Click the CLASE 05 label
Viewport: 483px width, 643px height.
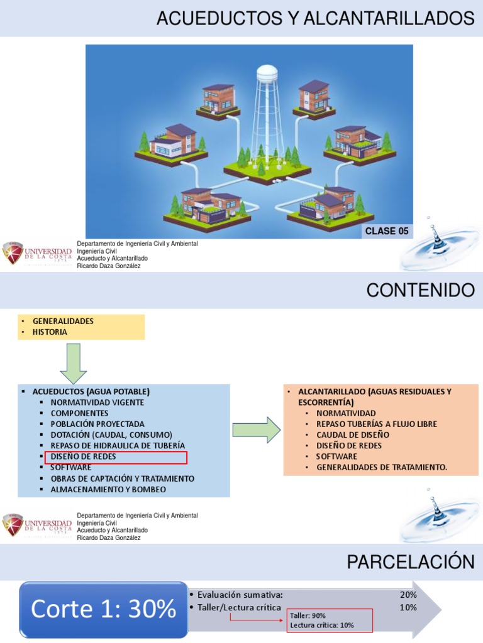coord(387,231)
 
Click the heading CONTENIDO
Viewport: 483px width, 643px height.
coord(420,290)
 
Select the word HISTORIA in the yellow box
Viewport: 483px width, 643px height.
coord(50,332)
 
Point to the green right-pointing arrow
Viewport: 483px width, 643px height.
coord(256,430)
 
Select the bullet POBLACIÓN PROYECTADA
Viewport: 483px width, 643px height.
coord(97,424)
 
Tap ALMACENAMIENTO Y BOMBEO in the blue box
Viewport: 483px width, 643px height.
coord(108,489)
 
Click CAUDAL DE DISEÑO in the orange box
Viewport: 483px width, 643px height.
coord(353,435)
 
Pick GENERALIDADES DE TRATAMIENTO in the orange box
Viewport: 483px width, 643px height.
coord(382,467)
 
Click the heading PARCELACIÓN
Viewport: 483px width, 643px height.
coord(411,562)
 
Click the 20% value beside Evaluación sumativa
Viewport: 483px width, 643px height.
coord(408,595)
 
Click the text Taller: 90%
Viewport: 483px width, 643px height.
coord(308,616)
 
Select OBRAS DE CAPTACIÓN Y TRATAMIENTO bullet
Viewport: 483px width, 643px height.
coord(123,478)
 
